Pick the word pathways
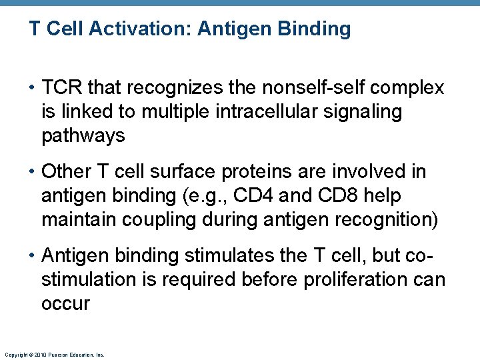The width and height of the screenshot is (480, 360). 83,135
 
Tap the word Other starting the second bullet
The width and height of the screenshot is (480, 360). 62,172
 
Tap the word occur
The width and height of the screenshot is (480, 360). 65,303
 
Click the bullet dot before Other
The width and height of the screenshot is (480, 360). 33,173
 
